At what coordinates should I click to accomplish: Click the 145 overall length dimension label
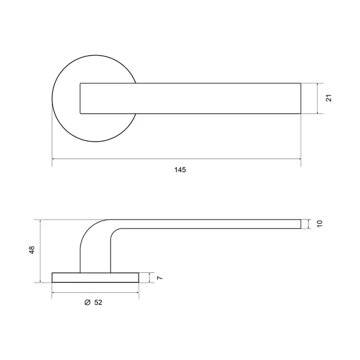tap(180, 170)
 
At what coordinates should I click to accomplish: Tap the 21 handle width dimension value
tap(329, 98)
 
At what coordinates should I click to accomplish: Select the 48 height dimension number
tap(32, 250)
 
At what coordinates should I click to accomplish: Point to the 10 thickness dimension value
tap(320, 224)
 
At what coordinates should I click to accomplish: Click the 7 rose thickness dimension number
tap(160, 278)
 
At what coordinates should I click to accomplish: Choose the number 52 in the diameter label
tap(98, 302)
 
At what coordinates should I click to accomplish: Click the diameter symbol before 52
tap(88, 302)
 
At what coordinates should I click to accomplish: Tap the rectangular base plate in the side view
tap(95, 278)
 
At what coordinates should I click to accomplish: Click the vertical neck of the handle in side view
tap(95, 257)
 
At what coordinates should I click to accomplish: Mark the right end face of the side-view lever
tap(301, 224)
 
